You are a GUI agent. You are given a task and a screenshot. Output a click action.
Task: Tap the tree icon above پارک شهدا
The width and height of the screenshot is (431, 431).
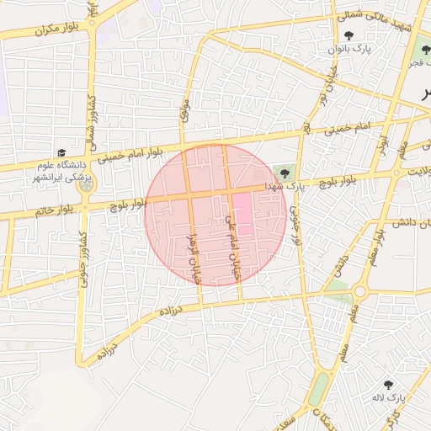(284, 173)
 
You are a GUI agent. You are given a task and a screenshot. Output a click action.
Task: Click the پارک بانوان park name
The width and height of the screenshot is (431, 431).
(348, 49)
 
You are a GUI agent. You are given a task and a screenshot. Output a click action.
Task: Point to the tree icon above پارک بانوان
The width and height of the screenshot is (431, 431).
(349, 35)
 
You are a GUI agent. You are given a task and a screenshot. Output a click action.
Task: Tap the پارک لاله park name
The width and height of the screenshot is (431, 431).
(391, 396)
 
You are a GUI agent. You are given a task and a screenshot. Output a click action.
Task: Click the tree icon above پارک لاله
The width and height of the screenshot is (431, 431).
(388, 384)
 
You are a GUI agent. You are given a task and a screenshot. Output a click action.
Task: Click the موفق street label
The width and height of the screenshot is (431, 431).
(184, 110)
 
